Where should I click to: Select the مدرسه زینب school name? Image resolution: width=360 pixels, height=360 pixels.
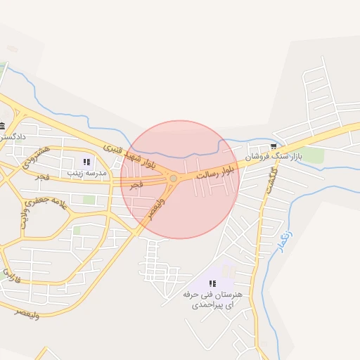click(86, 172)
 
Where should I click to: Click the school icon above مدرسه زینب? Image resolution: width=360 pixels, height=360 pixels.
click(86, 162)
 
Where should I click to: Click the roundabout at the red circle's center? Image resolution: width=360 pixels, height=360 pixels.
click(173, 179)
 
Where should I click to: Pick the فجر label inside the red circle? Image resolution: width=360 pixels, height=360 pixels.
click(135, 184)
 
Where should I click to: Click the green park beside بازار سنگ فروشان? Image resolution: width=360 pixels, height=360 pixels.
click(314, 155)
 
